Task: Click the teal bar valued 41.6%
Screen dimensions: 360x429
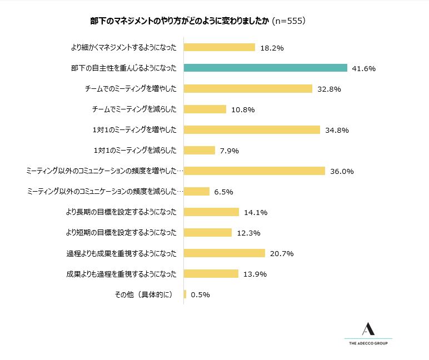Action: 266,68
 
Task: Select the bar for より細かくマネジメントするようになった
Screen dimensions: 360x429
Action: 219,48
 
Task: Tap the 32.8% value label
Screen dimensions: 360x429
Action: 328,89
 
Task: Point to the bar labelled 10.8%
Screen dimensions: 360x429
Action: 204,109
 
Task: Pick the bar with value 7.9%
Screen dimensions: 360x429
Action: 199,150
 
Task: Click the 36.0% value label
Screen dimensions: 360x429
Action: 341,171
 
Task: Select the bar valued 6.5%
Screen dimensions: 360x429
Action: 196,191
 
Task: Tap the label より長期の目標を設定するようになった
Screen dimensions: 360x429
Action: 121,212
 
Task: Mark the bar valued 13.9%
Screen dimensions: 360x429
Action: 211,273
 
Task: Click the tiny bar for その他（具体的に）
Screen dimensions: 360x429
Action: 185,294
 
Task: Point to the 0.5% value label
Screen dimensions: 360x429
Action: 200,294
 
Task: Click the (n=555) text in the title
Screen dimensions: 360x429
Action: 289,21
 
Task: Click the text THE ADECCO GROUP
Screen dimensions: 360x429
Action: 368,344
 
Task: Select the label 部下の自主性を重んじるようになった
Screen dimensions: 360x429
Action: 124,68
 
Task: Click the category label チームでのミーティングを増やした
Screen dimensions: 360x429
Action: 131,89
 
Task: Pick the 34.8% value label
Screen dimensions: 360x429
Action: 336,130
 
